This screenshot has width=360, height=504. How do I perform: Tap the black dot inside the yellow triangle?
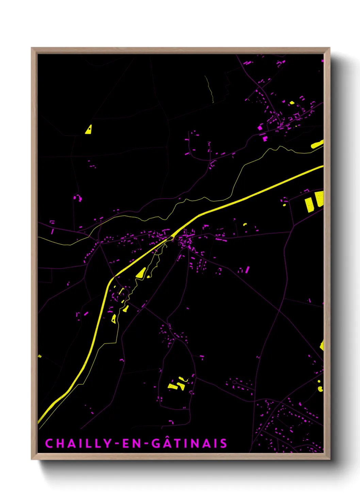89,129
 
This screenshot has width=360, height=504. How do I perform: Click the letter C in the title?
49,443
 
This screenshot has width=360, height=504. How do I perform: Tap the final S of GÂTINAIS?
223,443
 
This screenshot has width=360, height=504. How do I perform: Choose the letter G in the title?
155,443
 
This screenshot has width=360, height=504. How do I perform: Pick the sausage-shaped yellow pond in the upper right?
317,144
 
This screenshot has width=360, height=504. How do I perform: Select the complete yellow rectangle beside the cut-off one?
309,205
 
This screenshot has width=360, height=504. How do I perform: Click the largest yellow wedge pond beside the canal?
141,273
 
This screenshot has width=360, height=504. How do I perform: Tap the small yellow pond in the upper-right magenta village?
292,103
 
